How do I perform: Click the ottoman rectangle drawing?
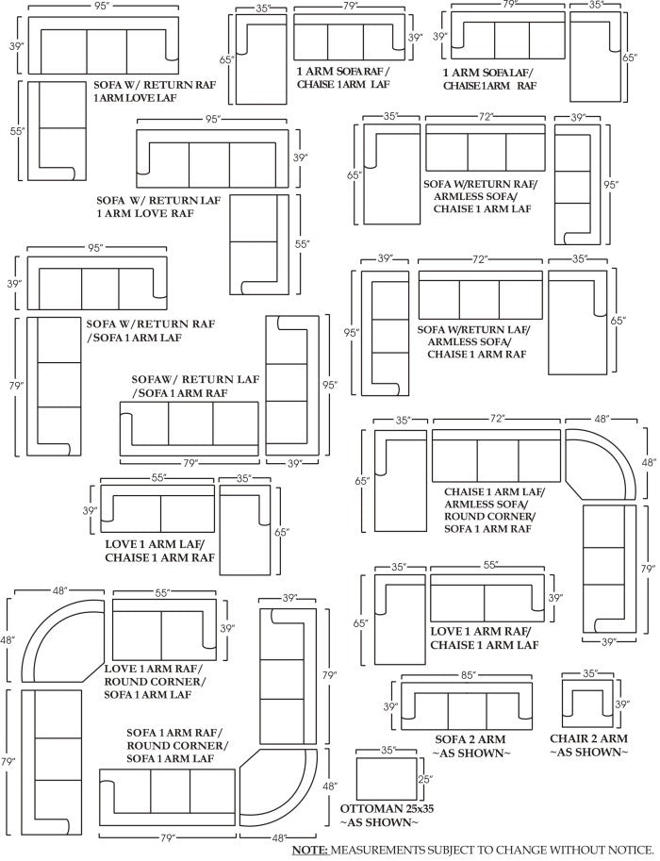pos(387,779)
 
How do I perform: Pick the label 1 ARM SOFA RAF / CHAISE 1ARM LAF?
pos(342,77)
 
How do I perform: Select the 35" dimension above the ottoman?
pos(387,752)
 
